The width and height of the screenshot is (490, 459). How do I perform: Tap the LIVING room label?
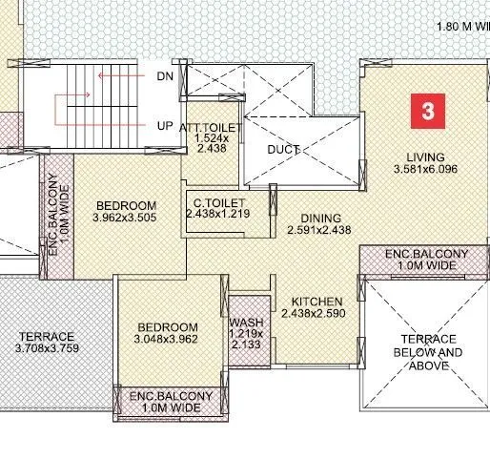426,156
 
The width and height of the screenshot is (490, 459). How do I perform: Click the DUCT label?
284,150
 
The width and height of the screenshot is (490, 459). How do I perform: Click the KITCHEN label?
318,301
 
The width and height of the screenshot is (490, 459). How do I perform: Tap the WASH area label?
246,322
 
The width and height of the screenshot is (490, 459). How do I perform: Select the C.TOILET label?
220,203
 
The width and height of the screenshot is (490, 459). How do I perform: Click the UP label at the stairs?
163,125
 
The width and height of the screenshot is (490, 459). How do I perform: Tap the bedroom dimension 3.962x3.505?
125,219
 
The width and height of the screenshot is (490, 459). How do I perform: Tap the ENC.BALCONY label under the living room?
426,260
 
